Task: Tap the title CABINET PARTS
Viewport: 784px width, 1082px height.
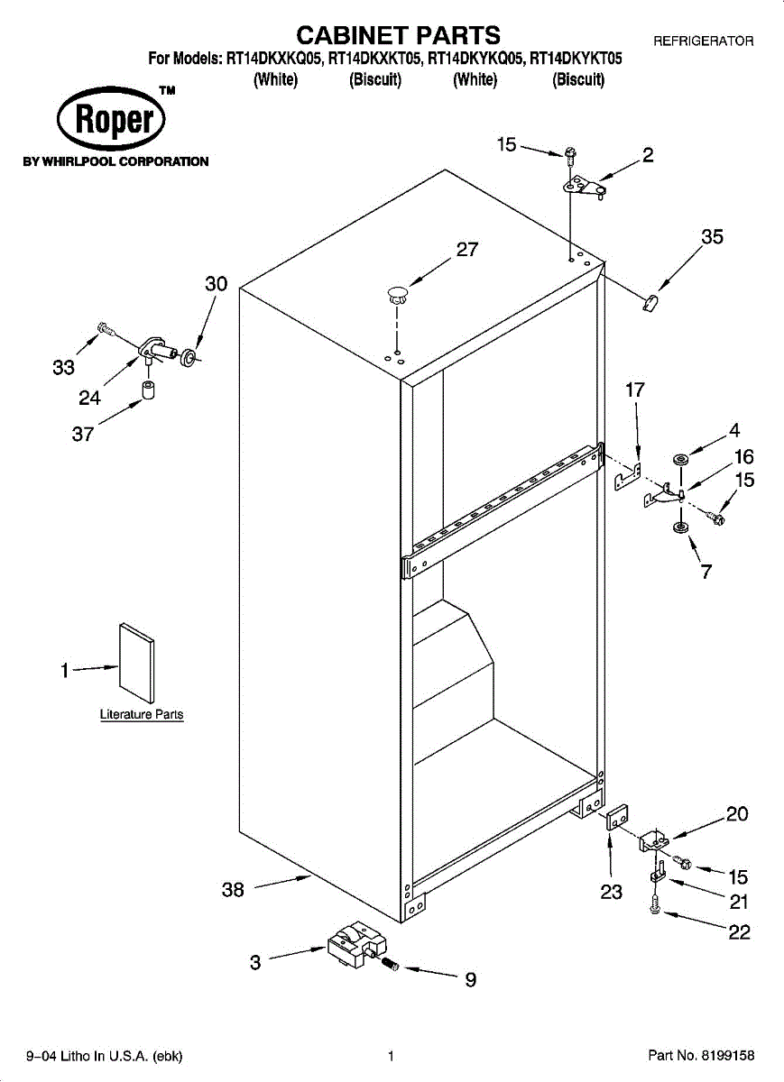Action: click(398, 35)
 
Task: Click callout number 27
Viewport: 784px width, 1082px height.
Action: click(467, 250)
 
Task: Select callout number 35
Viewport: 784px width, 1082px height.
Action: click(712, 237)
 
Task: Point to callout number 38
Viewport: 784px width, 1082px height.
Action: click(233, 890)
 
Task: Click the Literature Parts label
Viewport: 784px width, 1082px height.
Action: click(141, 714)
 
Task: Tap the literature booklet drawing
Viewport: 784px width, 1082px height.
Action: click(136, 661)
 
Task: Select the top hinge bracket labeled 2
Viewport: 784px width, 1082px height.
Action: click(584, 186)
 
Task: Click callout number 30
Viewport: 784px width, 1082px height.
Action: click(217, 284)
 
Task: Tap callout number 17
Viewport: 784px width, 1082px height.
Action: click(635, 390)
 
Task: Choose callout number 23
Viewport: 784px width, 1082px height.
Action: click(611, 893)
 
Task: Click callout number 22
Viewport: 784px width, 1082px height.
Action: click(739, 932)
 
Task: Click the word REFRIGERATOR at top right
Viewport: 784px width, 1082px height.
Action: click(703, 41)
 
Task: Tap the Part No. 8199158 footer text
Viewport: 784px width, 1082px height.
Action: click(701, 1056)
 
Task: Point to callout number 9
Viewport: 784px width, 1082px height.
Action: click(470, 980)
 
